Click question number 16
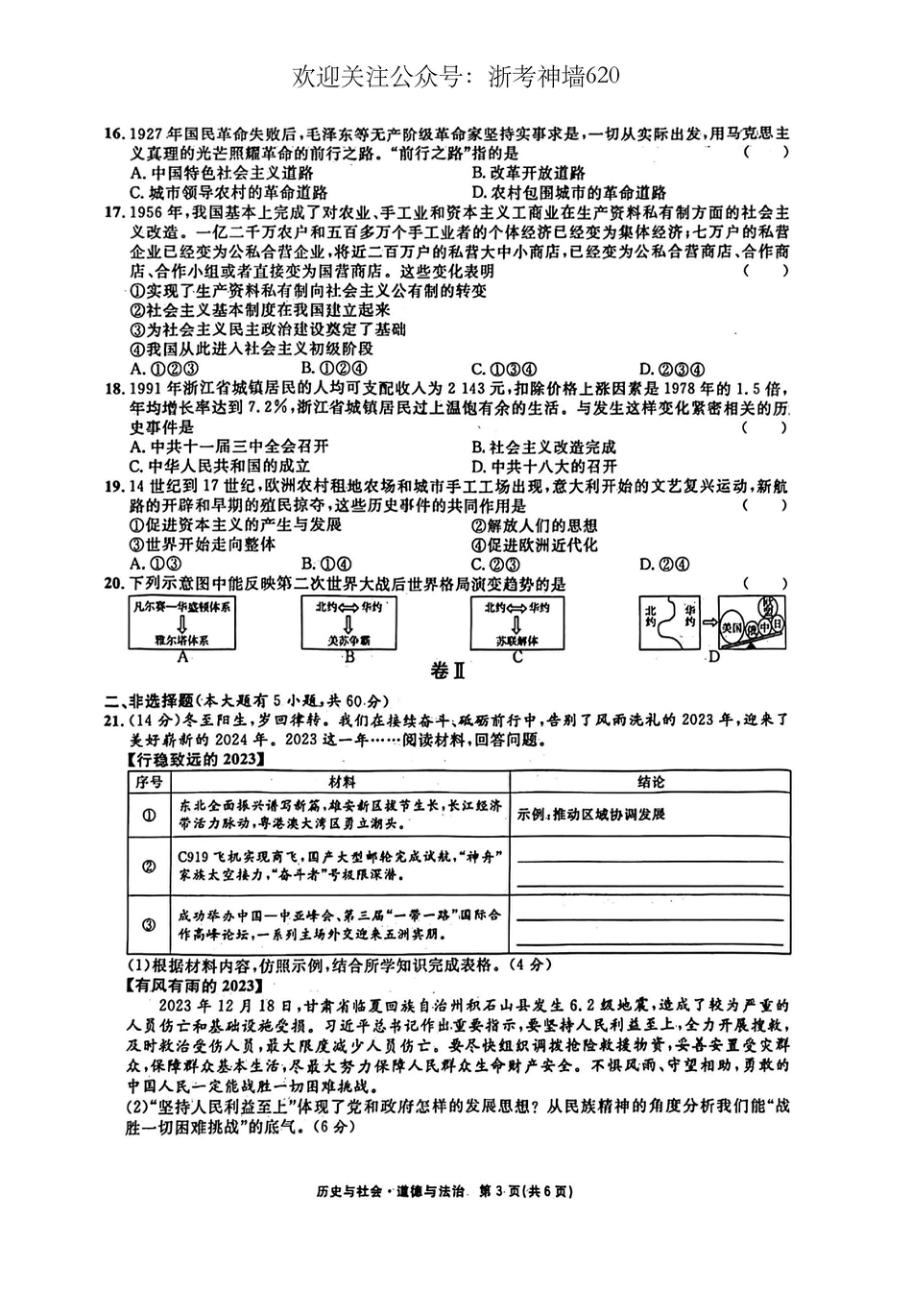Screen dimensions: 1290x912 [115, 133]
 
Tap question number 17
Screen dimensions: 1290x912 [115, 212]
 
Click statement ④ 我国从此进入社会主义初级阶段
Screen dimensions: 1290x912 [250, 348]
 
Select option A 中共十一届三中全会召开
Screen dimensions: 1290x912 [229, 446]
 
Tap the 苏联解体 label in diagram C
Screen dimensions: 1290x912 [517, 640]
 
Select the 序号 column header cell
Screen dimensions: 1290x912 [150, 782]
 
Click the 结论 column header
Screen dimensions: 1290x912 [650, 782]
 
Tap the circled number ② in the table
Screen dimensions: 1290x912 [150, 866]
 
